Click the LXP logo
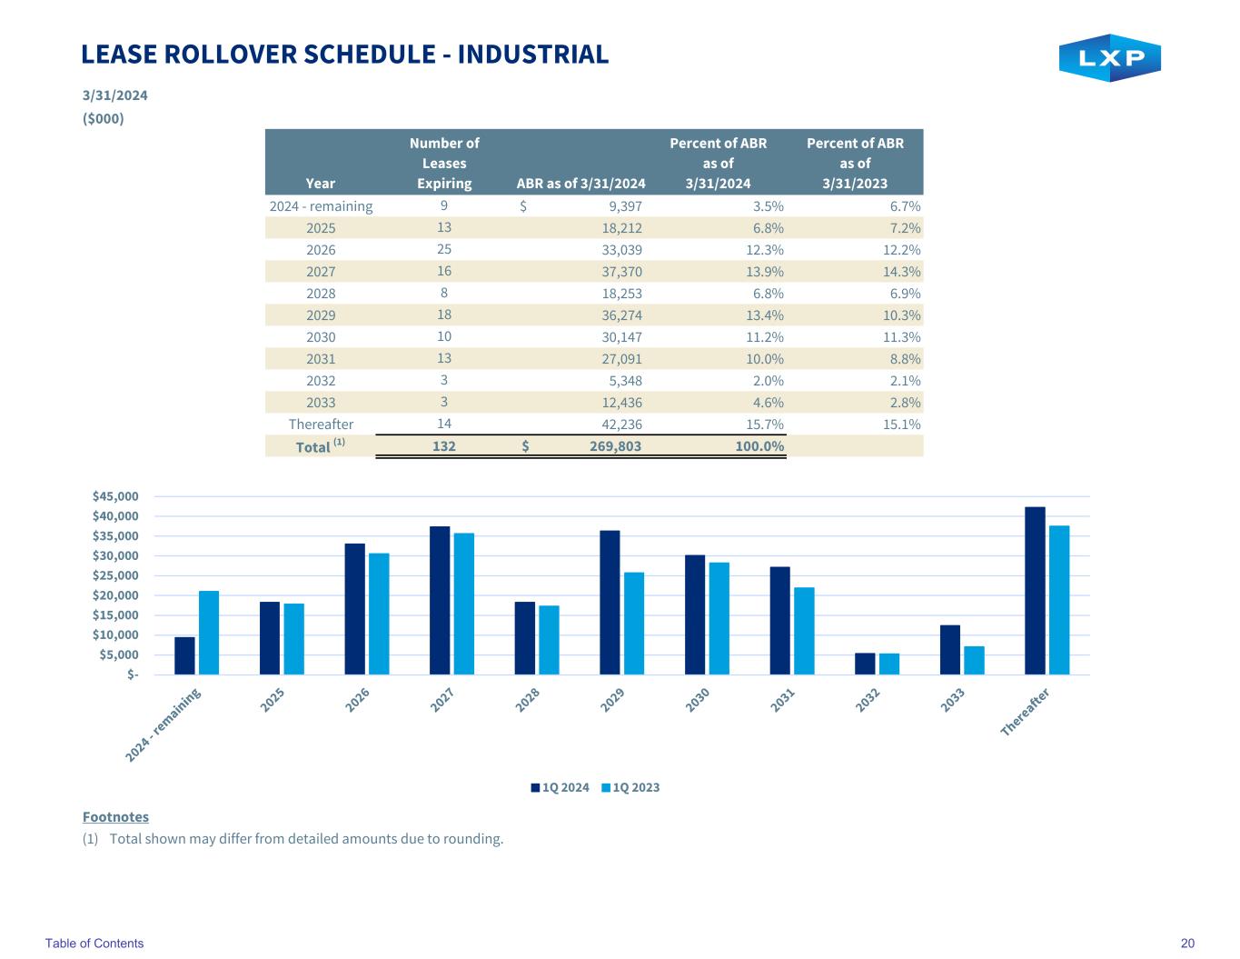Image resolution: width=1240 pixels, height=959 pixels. (x=1109, y=58)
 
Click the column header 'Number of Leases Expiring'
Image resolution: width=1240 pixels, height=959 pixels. (x=444, y=163)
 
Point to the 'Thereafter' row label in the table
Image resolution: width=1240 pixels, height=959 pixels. (x=321, y=425)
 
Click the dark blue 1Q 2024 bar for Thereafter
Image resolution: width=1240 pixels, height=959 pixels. (x=1035, y=591)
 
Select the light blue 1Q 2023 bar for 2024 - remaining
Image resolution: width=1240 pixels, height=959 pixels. (x=209, y=633)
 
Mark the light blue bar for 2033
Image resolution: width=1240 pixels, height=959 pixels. (x=974, y=660)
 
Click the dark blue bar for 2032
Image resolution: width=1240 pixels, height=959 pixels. (x=865, y=664)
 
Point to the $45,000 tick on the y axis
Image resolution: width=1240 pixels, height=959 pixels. (x=115, y=496)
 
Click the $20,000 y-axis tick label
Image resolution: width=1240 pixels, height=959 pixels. (x=115, y=595)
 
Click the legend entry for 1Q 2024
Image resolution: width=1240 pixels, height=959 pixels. (x=560, y=787)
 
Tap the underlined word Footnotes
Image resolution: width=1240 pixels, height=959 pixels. (x=115, y=817)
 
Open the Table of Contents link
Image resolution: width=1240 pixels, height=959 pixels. (x=94, y=944)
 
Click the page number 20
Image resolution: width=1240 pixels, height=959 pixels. (x=1187, y=944)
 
